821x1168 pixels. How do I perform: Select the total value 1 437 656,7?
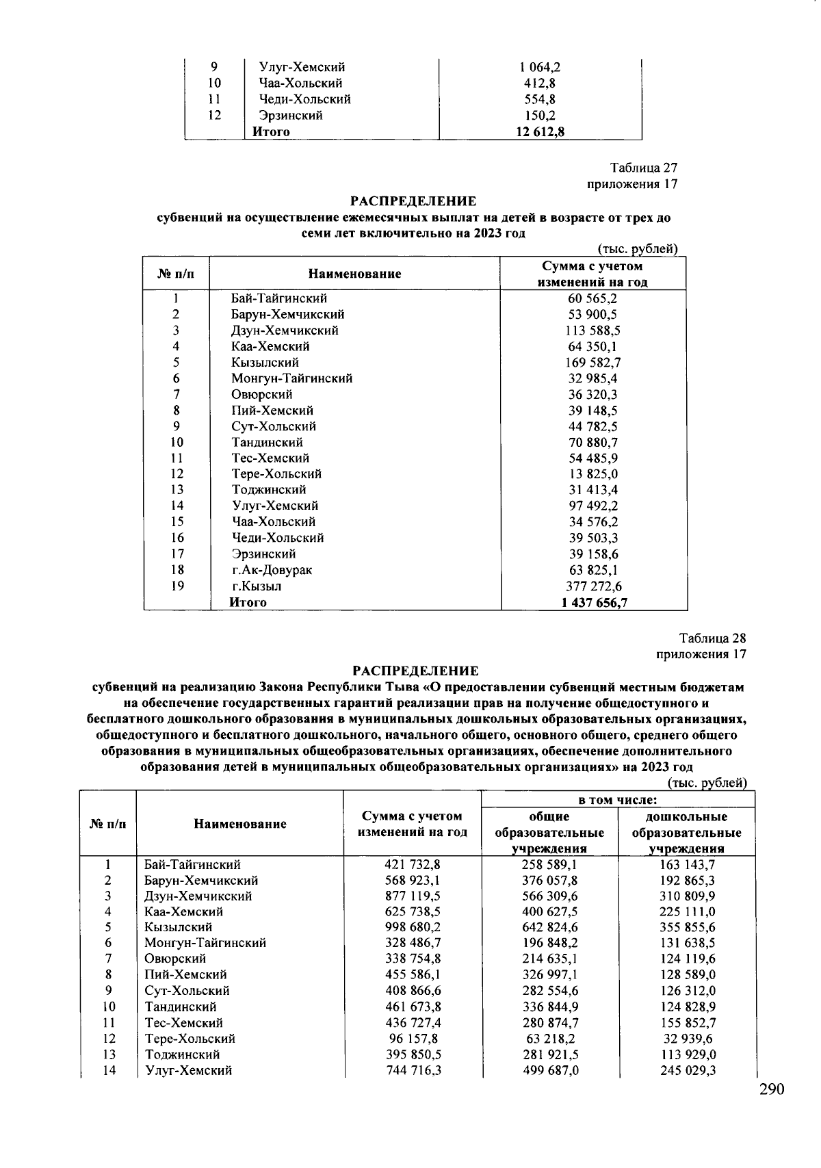[594, 603]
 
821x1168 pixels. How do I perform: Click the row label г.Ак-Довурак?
[272, 570]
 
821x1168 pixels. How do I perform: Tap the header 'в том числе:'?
[618, 800]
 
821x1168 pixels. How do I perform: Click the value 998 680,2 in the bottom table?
[413, 927]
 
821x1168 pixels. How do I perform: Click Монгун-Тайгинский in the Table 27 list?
[291, 378]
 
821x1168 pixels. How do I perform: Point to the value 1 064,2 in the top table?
[540, 67]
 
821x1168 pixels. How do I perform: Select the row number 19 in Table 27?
[177, 586]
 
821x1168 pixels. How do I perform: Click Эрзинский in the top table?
[290, 116]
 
